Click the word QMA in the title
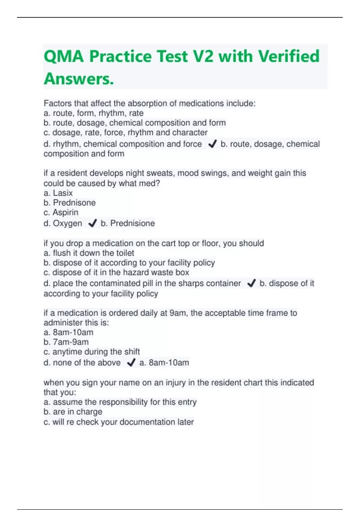click(x=64, y=56)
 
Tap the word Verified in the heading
click(x=289, y=56)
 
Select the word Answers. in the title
click(x=79, y=79)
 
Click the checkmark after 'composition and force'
click(x=212, y=144)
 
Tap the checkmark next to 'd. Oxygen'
click(x=92, y=223)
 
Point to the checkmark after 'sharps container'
click(x=251, y=283)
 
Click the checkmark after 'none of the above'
click(x=131, y=363)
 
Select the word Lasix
click(x=63, y=193)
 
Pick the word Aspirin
click(x=65, y=212)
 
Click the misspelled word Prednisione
click(x=133, y=223)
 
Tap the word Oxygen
click(x=67, y=223)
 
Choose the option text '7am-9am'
click(x=71, y=342)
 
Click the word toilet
click(x=124, y=253)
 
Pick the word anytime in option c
click(x=67, y=352)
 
